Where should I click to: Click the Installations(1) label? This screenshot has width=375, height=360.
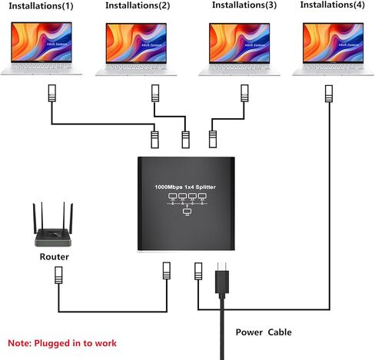[41, 6]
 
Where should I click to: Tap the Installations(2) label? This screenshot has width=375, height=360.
[138, 5]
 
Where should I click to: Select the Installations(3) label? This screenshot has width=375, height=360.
[244, 5]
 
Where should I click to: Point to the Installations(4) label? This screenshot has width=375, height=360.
[333, 5]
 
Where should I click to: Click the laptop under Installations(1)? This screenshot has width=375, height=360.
[41, 48]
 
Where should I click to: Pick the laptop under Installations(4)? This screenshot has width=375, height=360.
[333, 49]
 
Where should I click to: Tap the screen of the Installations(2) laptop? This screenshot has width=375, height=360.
[136, 43]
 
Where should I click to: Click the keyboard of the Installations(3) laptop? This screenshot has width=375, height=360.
[239, 68]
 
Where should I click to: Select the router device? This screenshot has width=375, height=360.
[53, 224]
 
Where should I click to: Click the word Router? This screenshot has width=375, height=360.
[55, 256]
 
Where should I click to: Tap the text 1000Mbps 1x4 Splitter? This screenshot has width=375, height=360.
[185, 187]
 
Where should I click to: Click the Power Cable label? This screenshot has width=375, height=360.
[264, 332]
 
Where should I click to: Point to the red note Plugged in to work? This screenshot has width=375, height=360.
[62, 343]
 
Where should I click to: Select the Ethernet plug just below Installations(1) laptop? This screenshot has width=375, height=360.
[52, 93]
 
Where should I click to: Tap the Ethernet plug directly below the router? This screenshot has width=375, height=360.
[58, 275]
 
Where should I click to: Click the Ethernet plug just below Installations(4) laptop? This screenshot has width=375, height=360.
[329, 94]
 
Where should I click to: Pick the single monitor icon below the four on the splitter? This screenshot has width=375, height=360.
[187, 212]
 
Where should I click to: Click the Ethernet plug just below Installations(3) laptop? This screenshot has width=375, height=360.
[244, 93]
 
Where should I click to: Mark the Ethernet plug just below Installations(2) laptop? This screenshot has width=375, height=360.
[155, 93]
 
